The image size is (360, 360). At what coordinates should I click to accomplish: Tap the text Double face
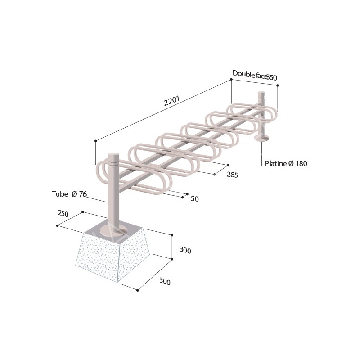click(249, 74)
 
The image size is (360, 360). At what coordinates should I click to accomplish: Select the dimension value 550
click(271, 77)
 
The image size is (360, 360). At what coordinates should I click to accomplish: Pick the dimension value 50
click(194, 198)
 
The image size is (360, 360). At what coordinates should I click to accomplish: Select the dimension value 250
click(63, 214)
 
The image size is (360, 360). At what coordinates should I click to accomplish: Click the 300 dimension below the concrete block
click(165, 282)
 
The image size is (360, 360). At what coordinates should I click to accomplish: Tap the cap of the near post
click(113, 157)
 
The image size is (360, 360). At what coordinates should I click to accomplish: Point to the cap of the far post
click(261, 95)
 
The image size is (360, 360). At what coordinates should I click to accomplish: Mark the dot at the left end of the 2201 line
click(96, 141)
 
